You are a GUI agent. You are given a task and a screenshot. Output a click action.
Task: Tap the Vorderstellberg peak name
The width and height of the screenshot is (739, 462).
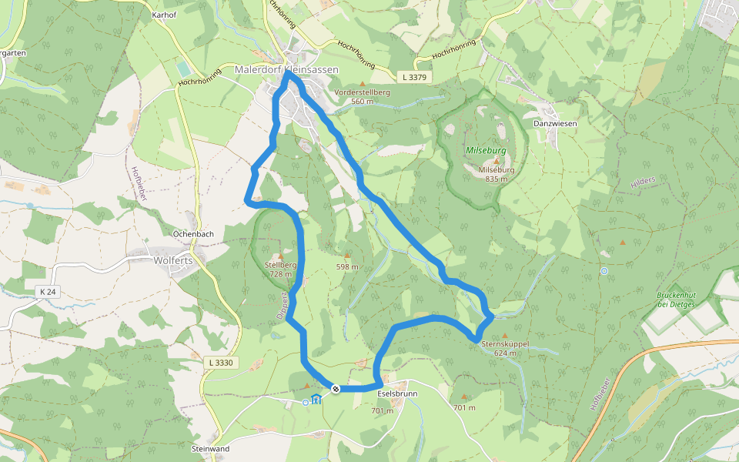coord(362,92)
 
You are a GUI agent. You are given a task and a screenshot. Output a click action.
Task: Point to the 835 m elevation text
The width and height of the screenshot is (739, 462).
coord(497,179)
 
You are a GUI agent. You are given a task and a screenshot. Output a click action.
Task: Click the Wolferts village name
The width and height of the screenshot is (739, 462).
coord(173,260)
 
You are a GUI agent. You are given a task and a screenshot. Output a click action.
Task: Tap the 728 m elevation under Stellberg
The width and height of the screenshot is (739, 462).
coord(280,274)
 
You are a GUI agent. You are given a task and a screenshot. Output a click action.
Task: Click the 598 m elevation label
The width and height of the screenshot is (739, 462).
coord(347,267)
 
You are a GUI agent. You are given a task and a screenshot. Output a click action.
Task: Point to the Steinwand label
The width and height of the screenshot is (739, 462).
coord(210,447)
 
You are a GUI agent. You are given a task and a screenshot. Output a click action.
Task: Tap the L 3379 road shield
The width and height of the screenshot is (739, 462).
coord(414,78)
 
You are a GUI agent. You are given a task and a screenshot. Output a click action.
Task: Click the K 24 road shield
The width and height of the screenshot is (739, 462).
coord(48,292)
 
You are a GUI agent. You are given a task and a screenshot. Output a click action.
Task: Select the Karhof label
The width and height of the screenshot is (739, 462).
coord(166,15)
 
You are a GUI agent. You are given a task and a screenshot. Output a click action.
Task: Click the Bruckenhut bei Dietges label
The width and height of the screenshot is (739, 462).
coord(676,300)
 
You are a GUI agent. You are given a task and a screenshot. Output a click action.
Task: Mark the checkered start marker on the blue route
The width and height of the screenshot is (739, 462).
coord(336,389)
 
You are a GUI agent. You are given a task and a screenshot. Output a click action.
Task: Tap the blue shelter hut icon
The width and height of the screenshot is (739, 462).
coord(316,399)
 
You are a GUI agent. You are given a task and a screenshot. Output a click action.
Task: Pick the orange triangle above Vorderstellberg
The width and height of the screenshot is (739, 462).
coord(363,83)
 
